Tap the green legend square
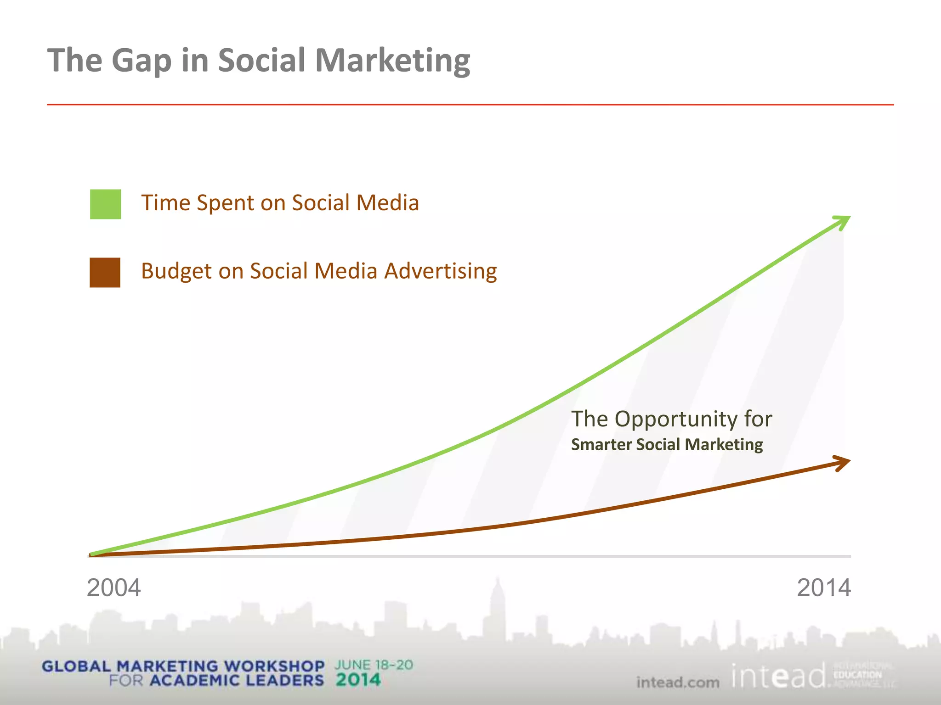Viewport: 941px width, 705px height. click(x=105, y=204)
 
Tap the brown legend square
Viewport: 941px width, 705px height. click(x=105, y=273)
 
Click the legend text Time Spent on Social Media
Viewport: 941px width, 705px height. click(x=280, y=203)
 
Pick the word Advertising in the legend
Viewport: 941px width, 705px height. click(x=440, y=271)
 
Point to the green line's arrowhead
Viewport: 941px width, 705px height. click(x=844, y=222)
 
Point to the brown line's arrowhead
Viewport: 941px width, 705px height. click(x=844, y=463)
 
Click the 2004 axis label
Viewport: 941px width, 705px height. click(x=113, y=588)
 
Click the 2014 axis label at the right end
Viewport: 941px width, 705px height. click(x=823, y=588)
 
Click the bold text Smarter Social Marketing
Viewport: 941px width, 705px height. click(x=667, y=444)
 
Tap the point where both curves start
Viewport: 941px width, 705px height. click(x=91, y=555)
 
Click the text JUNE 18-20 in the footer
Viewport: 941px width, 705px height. click(x=374, y=665)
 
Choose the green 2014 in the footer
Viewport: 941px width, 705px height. click(x=358, y=680)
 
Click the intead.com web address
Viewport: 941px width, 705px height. click(x=678, y=683)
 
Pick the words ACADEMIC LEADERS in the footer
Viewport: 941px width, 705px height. click(x=237, y=681)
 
